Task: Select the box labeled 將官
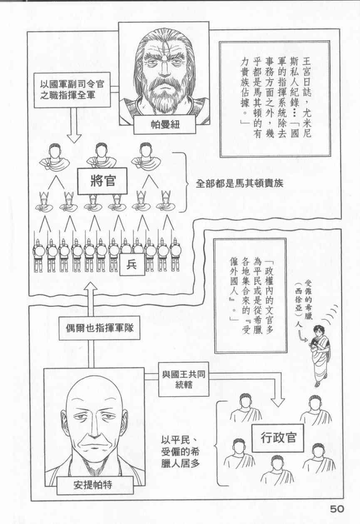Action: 102,181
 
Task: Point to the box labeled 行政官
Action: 277,438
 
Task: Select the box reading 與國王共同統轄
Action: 184,378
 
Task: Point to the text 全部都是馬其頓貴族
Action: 239,183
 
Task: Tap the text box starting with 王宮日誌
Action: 275,99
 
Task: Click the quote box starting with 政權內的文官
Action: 250,295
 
